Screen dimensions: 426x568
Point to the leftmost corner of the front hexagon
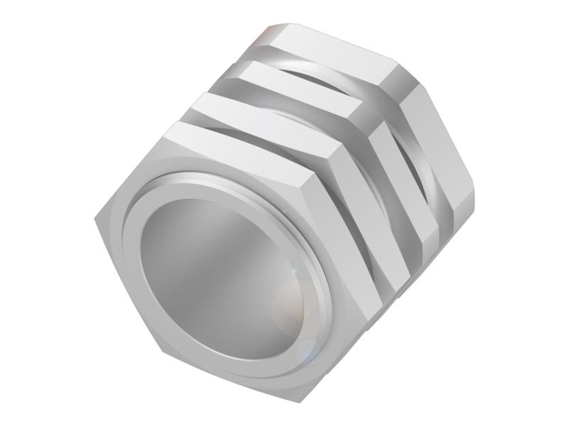tap(95, 214)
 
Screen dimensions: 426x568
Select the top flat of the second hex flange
tap(263, 114)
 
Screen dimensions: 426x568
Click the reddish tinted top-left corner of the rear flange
tap(273, 32)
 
